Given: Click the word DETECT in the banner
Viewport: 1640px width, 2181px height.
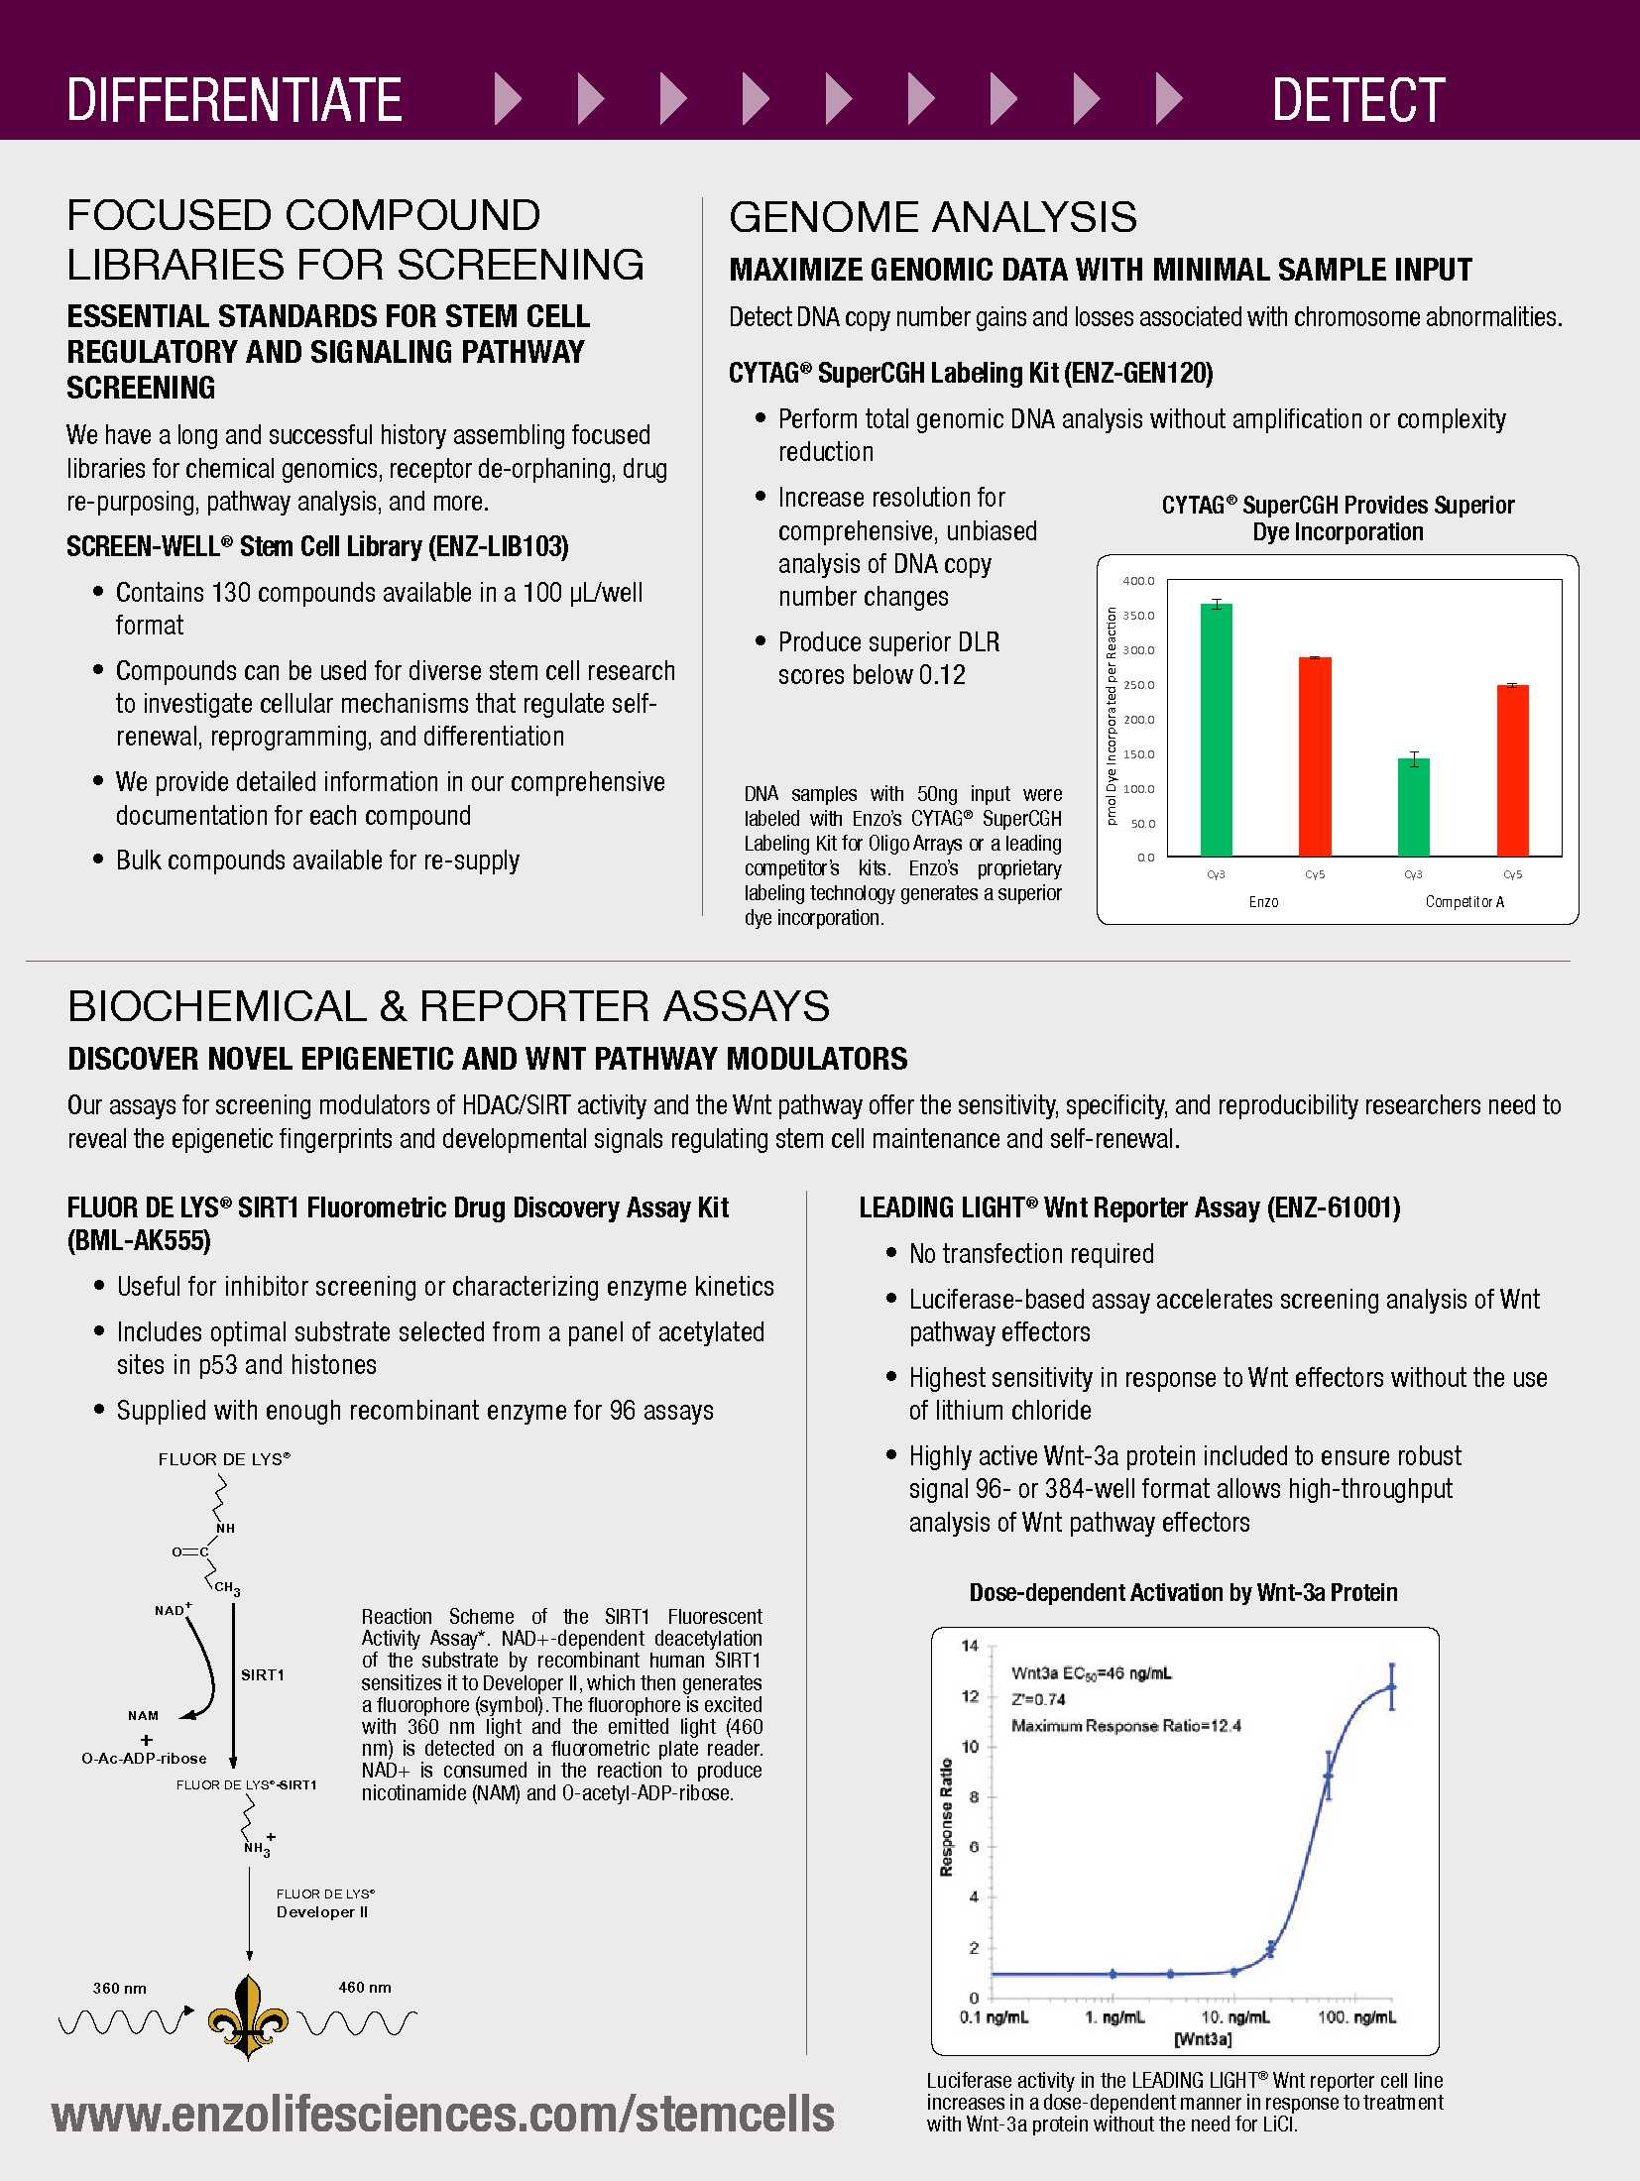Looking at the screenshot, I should [1357, 100].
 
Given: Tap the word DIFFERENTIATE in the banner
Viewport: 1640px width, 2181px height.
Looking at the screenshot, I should [234, 100].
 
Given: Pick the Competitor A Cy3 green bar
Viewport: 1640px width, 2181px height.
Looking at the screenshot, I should [1413, 807].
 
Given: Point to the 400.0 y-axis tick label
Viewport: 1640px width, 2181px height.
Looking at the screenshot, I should [1138, 581].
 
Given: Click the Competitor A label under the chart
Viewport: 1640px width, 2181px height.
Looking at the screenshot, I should [1464, 902].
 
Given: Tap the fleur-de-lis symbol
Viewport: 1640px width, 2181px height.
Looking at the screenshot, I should [248, 2015].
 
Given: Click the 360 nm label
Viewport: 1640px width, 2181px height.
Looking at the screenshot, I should [119, 1988].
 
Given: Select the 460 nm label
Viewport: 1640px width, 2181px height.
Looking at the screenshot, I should [365, 1987].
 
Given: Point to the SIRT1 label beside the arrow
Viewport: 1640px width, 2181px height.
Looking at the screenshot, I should [263, 1674].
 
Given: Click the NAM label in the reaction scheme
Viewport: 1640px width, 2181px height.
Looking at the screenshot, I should [143, 1715].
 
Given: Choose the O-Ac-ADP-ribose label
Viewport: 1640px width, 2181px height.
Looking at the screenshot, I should [144, 1759].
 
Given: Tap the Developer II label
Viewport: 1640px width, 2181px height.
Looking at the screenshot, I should [322, 1911].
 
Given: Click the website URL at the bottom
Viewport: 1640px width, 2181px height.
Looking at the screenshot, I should [443, 2115].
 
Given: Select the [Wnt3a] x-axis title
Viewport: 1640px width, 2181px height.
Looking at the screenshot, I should [1203, 2039].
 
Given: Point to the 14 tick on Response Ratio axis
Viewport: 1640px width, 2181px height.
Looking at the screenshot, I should [970, 1646].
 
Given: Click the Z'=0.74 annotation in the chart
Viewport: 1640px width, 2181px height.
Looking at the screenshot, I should [1038, 1699].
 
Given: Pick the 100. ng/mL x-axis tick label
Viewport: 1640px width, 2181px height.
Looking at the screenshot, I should [1356, 2017].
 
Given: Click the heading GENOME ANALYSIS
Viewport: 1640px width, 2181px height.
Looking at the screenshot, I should [932, 217].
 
